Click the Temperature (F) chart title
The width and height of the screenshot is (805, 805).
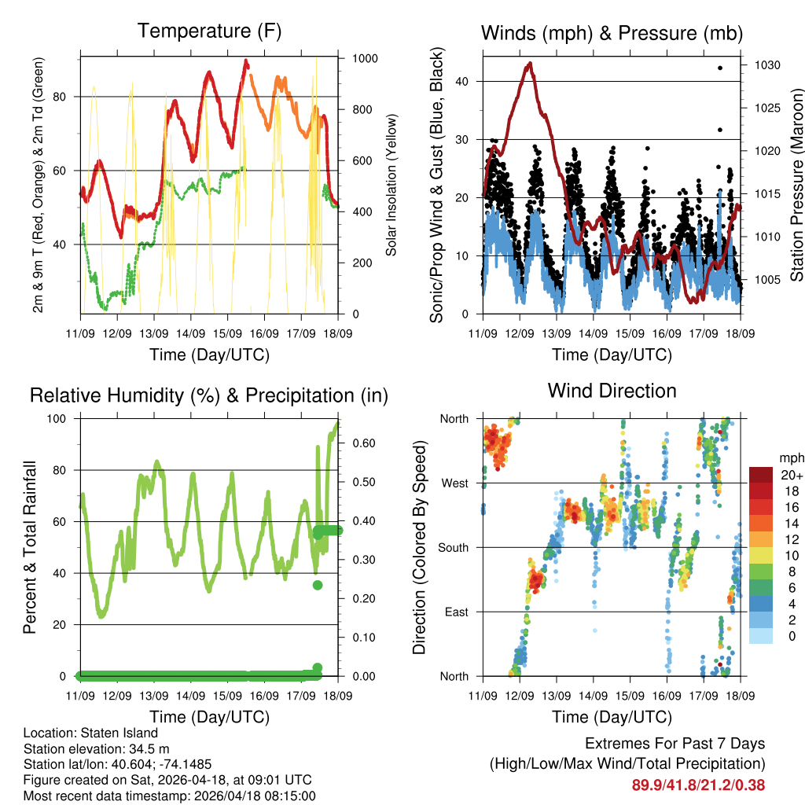[209, 31]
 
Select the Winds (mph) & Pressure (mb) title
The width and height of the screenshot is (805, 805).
[612, 33]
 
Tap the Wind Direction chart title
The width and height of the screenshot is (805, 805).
[612, 391]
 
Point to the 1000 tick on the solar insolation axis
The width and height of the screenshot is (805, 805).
[366, 58]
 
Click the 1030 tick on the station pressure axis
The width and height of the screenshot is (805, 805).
[766, 65]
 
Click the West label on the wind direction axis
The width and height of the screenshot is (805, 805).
[454, 483]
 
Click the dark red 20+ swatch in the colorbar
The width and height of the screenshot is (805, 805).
[763, 475]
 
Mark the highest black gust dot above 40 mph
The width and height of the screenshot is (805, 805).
[720, 68]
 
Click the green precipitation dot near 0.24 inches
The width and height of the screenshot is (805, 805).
[318, 585]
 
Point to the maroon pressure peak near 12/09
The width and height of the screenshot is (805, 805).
[530, 64]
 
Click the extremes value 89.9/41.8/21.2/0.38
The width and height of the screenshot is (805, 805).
[698, 785]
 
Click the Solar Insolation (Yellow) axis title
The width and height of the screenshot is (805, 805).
[390, 186]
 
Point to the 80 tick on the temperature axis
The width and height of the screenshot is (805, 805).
[68, 97]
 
